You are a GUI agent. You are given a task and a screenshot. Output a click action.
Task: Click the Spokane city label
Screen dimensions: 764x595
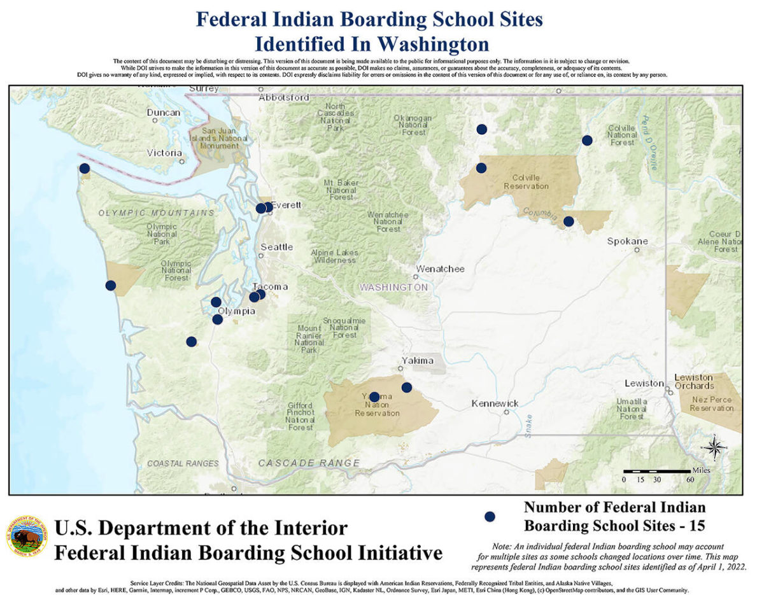(x=627, y=241)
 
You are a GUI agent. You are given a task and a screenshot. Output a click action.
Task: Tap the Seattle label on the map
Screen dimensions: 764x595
(x=276, y=247)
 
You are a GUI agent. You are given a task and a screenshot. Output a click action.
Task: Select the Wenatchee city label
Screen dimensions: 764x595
(x=441, y=269)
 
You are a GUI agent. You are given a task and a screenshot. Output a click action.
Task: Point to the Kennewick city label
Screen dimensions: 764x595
(x=495, y=403)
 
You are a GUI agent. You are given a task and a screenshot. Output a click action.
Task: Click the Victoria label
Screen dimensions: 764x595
(x=164, y=153)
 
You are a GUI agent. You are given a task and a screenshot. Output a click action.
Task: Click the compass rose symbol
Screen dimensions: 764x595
(x=715, y=447)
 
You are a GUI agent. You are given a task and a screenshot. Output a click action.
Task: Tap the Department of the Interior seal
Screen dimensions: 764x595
(x=27, y=536)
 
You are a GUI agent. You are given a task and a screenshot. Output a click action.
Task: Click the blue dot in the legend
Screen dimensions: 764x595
(x=490, y=517)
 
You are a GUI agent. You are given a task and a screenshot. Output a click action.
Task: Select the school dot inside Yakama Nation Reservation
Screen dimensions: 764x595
(x=374, y=397)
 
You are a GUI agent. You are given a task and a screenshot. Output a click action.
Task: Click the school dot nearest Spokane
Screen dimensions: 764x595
(x=569, y=221)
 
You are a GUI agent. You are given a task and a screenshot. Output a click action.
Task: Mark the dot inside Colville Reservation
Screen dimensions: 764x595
(x=481, y=168)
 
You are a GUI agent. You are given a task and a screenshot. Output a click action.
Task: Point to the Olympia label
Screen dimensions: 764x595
(x=237, y=311)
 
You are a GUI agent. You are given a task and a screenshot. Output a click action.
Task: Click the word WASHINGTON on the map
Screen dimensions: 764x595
(x=393, y=288)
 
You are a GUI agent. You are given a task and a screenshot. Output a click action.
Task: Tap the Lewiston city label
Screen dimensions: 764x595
(x=644, y=383)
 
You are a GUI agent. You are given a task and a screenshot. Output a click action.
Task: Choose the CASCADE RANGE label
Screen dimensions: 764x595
(x=309, y=463)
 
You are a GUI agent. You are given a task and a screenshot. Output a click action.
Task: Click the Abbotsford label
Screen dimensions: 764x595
(x=284, y=98)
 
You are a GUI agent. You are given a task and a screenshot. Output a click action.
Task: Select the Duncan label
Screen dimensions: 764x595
(x=164, y=113)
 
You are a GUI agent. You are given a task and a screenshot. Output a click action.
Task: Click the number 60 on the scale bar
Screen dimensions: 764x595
(x=690, y=479)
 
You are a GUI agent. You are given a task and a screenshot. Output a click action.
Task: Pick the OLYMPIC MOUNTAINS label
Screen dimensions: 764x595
(x=156, y=213)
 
